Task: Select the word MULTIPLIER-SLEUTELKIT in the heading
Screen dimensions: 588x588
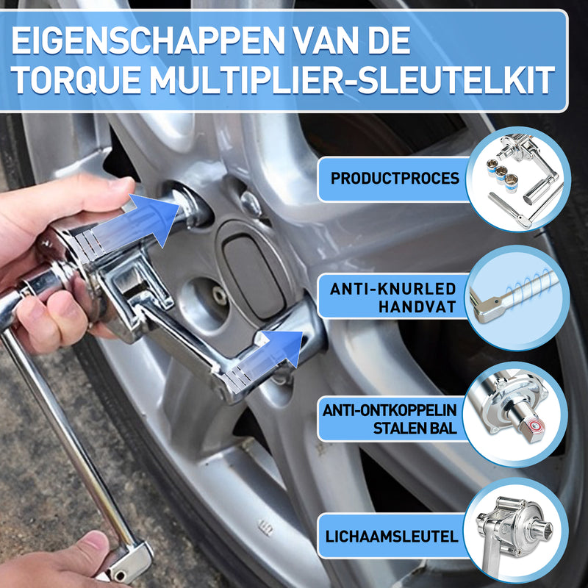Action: click(352, 81)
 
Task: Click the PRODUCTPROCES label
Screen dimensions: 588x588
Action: click(395, 179)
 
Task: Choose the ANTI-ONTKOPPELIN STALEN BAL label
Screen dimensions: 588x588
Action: click(390, 418)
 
